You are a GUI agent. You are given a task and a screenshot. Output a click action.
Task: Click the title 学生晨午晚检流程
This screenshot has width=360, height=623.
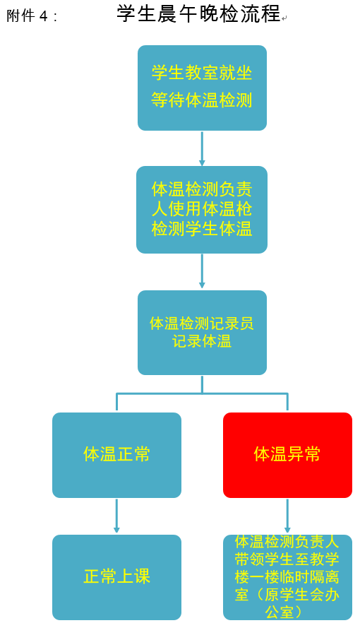click(x=198, y=14)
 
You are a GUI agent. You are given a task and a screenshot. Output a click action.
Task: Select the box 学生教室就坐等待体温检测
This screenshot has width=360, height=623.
click(x=202, y=88)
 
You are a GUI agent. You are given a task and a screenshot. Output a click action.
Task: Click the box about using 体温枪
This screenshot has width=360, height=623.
click(x=202, y=209)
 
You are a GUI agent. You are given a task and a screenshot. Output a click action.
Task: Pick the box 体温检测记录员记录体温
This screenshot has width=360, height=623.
click(x=202, y=333)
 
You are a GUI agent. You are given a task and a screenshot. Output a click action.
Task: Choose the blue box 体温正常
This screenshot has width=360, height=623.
click(x=116, y=455)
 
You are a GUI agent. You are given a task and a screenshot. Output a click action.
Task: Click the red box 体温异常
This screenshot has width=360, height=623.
click(x=287, y=455)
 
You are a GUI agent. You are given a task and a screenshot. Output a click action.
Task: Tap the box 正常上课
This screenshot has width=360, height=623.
click(x=116, y=577)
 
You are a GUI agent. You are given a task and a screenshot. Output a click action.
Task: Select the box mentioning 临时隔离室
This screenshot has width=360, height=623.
click(x=287, y=577)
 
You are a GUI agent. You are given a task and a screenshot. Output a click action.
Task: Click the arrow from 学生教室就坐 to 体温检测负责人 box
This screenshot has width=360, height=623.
click(x=202, y=148)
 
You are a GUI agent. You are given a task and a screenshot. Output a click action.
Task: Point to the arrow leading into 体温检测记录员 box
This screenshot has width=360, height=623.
click(x=202, y=271)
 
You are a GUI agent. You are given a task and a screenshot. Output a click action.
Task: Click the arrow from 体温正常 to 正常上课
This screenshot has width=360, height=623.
click(x=116, y=516)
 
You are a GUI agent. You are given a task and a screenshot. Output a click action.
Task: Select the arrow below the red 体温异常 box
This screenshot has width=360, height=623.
click(x=287, y=516)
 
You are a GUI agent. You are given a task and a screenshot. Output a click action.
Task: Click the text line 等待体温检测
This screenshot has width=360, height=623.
click(x=202, y=100)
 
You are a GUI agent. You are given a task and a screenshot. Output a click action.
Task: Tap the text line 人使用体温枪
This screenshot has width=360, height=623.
click(x=202, y=209)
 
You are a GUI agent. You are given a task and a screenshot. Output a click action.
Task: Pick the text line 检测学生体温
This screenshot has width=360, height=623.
click(x=202, y=229)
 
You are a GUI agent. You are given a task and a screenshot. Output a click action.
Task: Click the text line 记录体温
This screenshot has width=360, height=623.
click(x=202, y=341)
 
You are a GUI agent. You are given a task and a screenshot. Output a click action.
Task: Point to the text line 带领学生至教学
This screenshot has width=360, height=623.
click(x=287, y=559)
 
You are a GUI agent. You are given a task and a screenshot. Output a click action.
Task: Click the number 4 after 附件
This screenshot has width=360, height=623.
click(x=43, y=16)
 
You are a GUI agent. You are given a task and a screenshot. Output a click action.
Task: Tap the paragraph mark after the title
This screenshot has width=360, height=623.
click(x=284, y=18)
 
